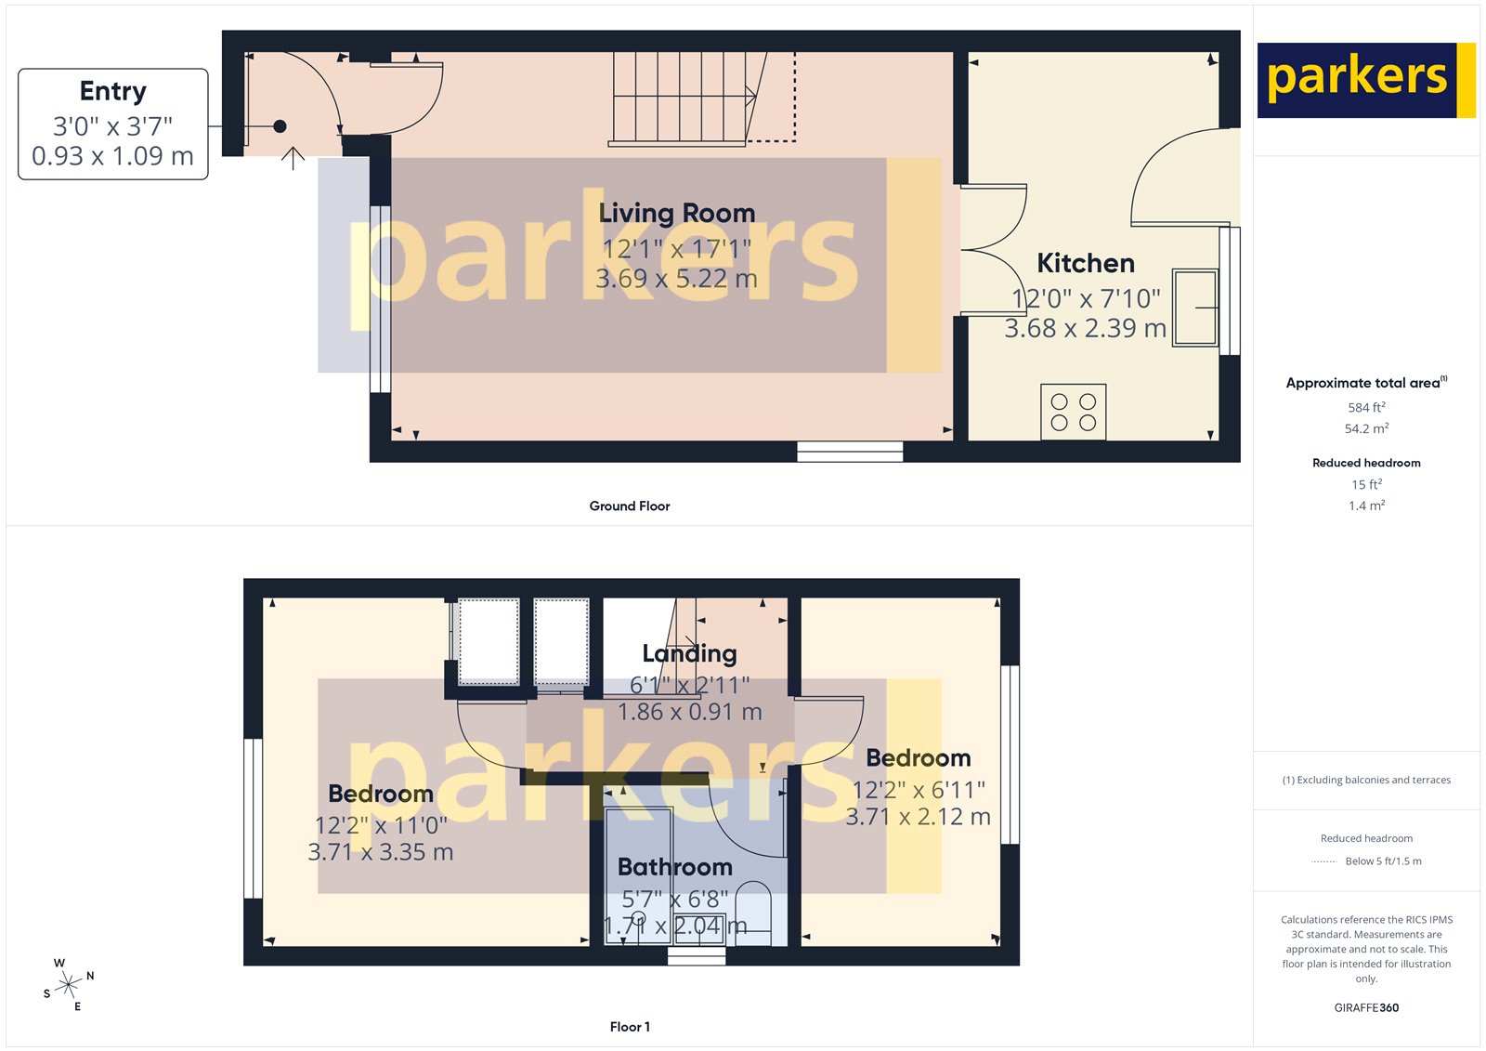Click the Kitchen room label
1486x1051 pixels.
tap(1085, 263)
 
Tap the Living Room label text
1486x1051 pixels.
tap(676, 213)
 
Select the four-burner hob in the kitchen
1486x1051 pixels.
tap(1073, 411)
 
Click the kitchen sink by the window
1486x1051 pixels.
tap(1194, 308)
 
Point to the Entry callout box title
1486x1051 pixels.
tap(113, 91)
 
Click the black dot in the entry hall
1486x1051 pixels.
tap(280, 126)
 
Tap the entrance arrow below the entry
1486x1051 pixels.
tap(293, 158)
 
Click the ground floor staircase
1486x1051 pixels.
tap(683, 99)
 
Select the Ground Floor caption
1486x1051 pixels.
tap(629, 506)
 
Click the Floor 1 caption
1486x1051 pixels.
tap(630, 1027)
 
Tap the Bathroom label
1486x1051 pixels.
tap(675, 867)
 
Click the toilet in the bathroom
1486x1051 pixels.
tap(753, 915)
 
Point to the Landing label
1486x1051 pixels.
tap(689, 653)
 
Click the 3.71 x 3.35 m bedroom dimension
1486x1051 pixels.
tap(381, 852)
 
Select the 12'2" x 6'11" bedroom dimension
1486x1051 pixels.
tap(919, 790)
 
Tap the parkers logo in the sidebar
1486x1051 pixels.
tap(1357, 80)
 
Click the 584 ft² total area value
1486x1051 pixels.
tap(1366, 407)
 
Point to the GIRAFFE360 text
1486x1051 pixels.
tap(1366, 1007)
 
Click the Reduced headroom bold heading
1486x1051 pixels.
tap(1366, 463)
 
